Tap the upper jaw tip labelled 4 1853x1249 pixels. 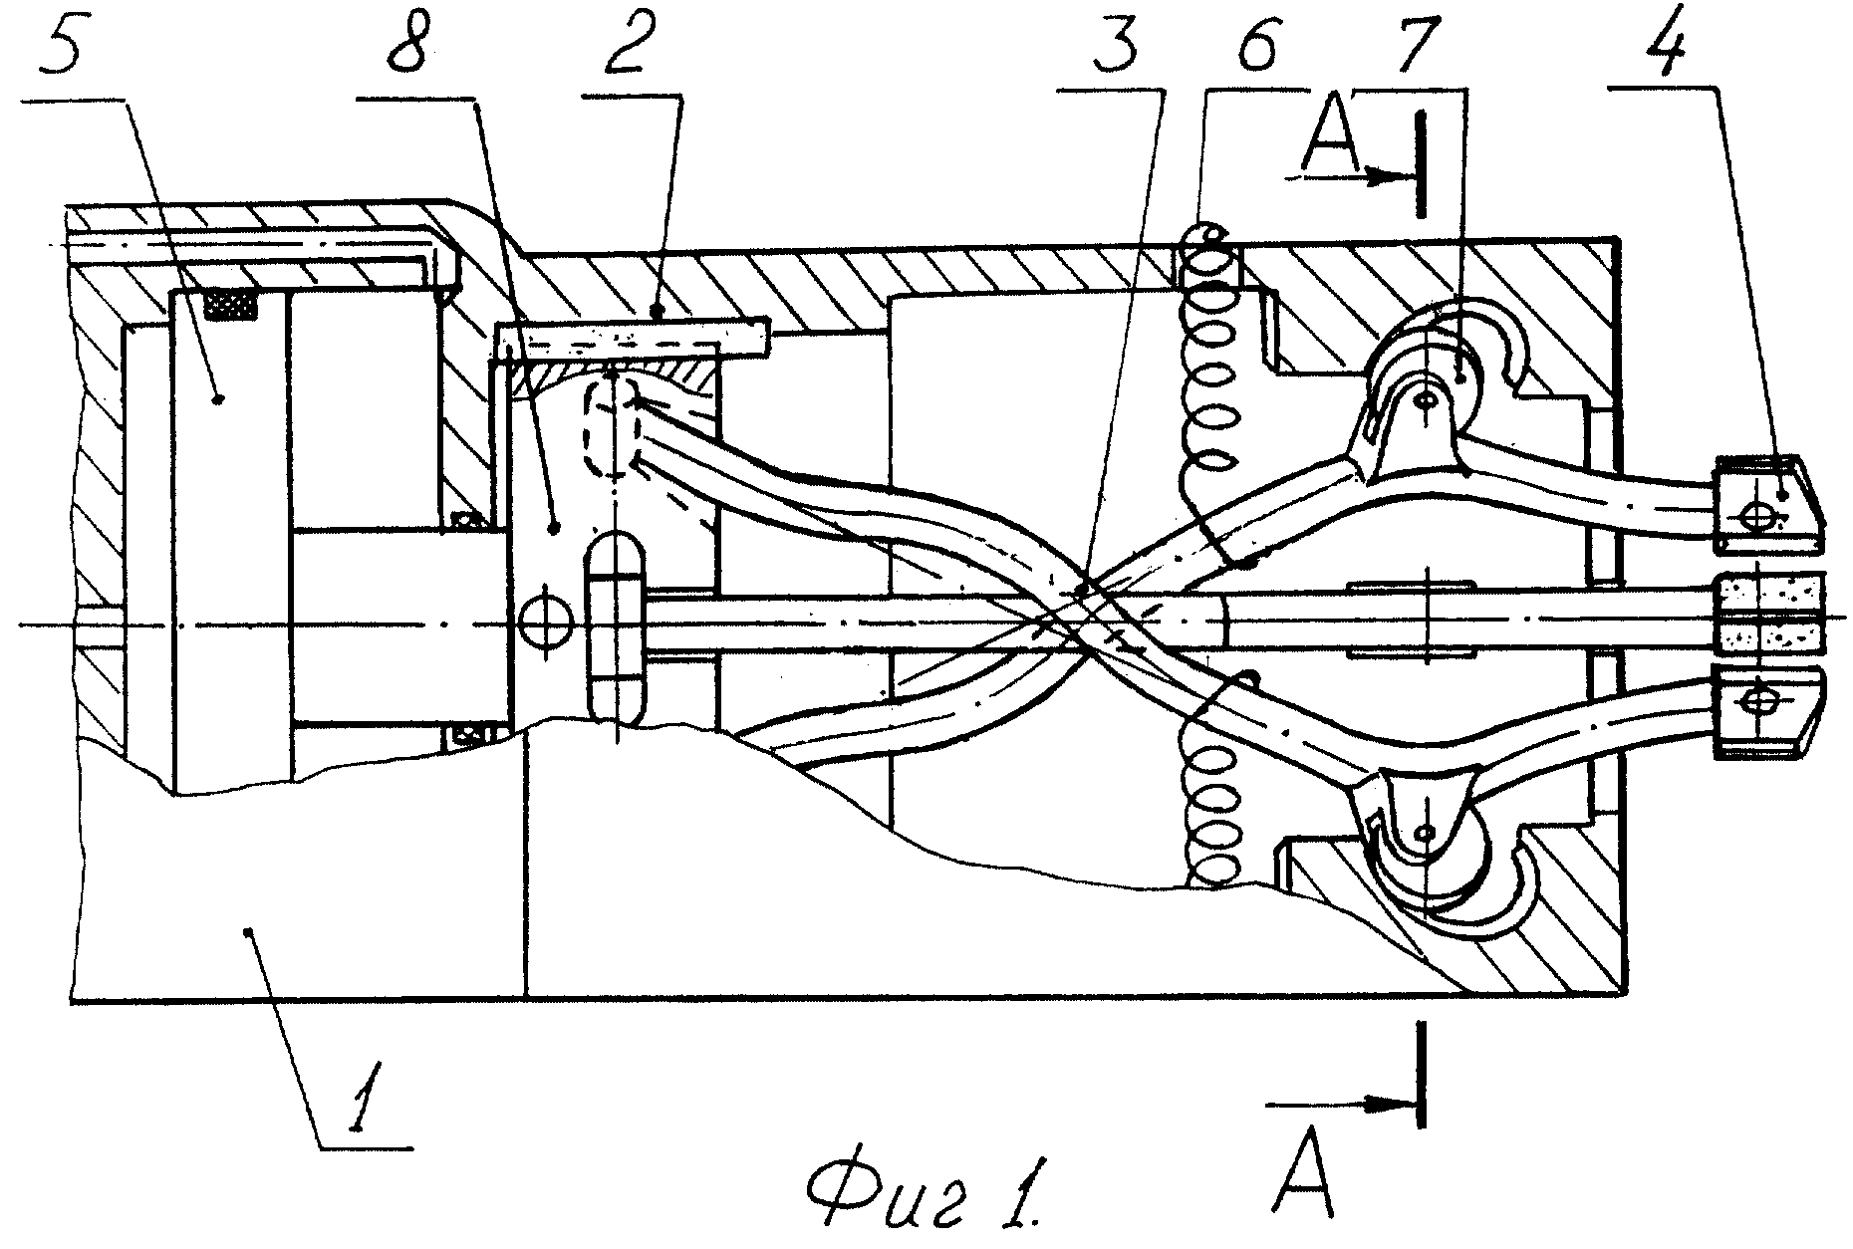coord(1769,504)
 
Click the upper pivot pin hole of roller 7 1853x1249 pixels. coord(1428,398)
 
